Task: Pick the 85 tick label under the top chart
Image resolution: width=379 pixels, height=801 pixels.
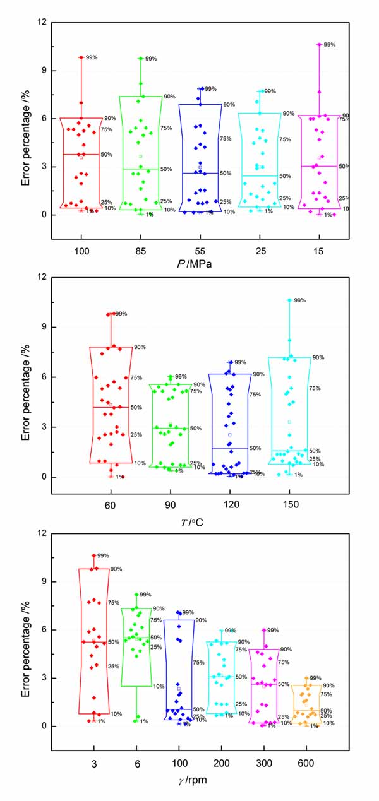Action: pyautogui.click(x=141, y=251)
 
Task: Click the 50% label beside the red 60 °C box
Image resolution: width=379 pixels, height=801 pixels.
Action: pyautogui.click(x=136, y=408)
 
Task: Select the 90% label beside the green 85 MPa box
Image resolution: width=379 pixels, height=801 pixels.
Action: pyautogui.click(x=169, y=97)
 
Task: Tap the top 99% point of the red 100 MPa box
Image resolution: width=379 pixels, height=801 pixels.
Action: pyautogui.click(x=81, y=57)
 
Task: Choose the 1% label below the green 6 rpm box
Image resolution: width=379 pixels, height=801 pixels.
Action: pyautogui.click(x=144, y=721)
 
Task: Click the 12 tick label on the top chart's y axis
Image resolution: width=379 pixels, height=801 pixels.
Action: pyautogui.click(x=42, y=23)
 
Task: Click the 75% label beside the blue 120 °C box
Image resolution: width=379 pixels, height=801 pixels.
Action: pyautogui.click(x=255, y=395)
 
